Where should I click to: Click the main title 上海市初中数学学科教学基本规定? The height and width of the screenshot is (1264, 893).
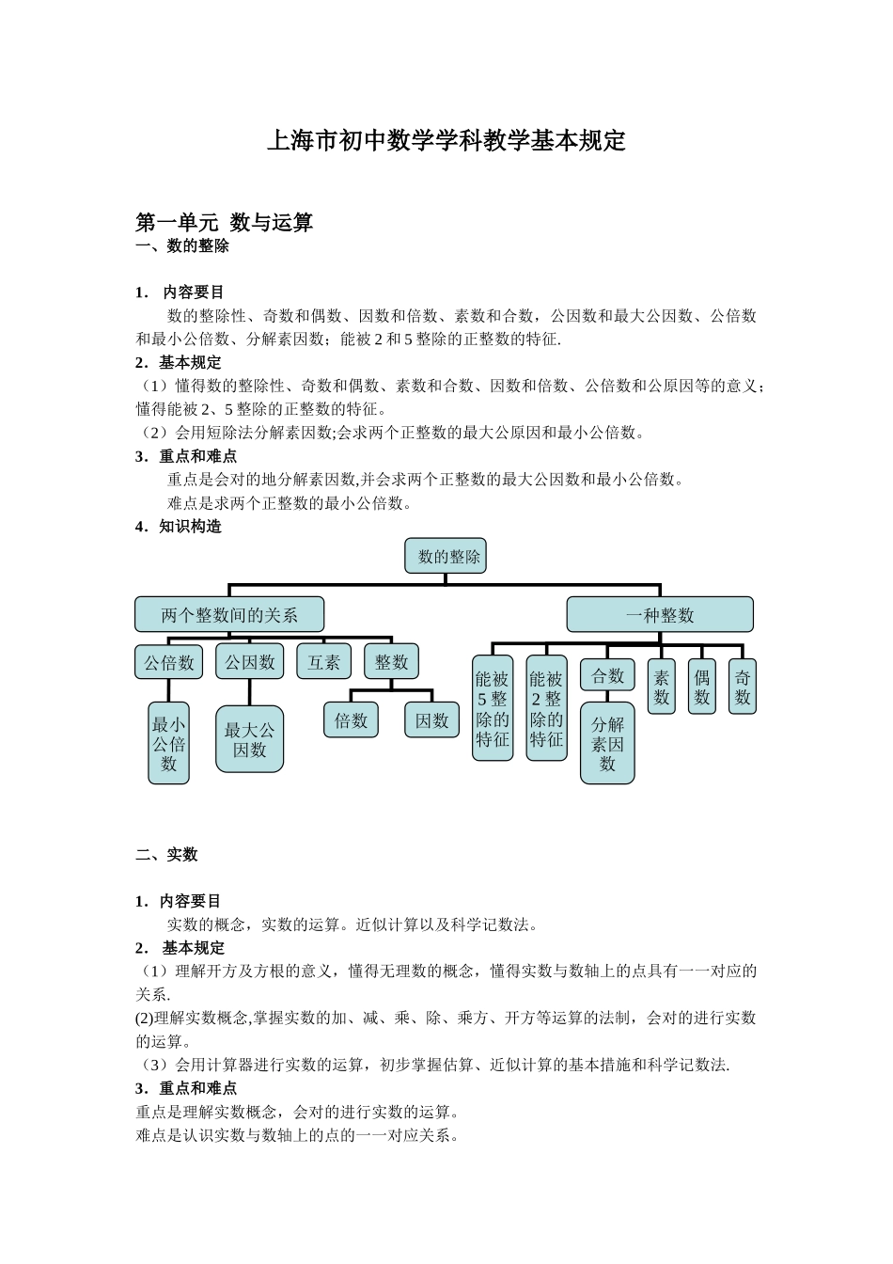[446, 141]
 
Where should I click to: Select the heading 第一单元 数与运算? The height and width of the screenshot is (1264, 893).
[224, 223]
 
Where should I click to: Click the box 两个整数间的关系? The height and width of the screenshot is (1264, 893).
[229, 615]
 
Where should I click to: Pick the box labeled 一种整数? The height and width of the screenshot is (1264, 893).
[659, 615]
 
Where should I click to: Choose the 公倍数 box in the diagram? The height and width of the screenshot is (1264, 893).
[169, 662]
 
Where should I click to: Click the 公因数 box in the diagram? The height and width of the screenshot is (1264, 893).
[249, 662]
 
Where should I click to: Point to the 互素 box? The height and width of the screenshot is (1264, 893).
[323, 662]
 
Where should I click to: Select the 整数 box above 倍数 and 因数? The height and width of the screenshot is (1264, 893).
[391, 662]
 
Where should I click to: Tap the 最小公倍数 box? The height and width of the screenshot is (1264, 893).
[169, 743]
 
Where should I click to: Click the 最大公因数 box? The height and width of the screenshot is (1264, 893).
[249, 739]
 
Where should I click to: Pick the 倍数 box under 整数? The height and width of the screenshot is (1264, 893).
[351, 721]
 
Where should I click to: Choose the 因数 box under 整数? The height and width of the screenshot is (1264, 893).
[431, 721]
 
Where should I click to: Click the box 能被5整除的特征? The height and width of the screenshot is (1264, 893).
[492, 708]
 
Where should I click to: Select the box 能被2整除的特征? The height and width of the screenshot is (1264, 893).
[546, 708]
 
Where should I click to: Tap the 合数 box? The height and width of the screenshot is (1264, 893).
[607, 675]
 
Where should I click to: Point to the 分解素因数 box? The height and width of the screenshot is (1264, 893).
[607, 743]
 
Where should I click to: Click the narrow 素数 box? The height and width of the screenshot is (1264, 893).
[662, 687]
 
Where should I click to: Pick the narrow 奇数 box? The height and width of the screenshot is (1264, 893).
[743, 687]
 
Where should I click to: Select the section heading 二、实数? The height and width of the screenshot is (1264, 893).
[166, 855]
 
